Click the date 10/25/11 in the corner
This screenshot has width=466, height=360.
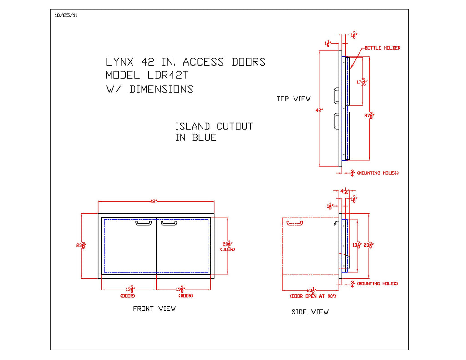[x=66, y=15]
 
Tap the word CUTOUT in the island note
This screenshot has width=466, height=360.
[x=234, y=127]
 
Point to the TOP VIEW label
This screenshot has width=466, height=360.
[x=294, y=99]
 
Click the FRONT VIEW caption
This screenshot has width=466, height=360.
[x=154, y=309]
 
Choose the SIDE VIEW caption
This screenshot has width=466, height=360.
[x=310, y=312]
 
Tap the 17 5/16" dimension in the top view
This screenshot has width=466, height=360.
[x=361, y=82]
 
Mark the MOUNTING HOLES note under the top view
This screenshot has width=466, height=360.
[x=377, y=173]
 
